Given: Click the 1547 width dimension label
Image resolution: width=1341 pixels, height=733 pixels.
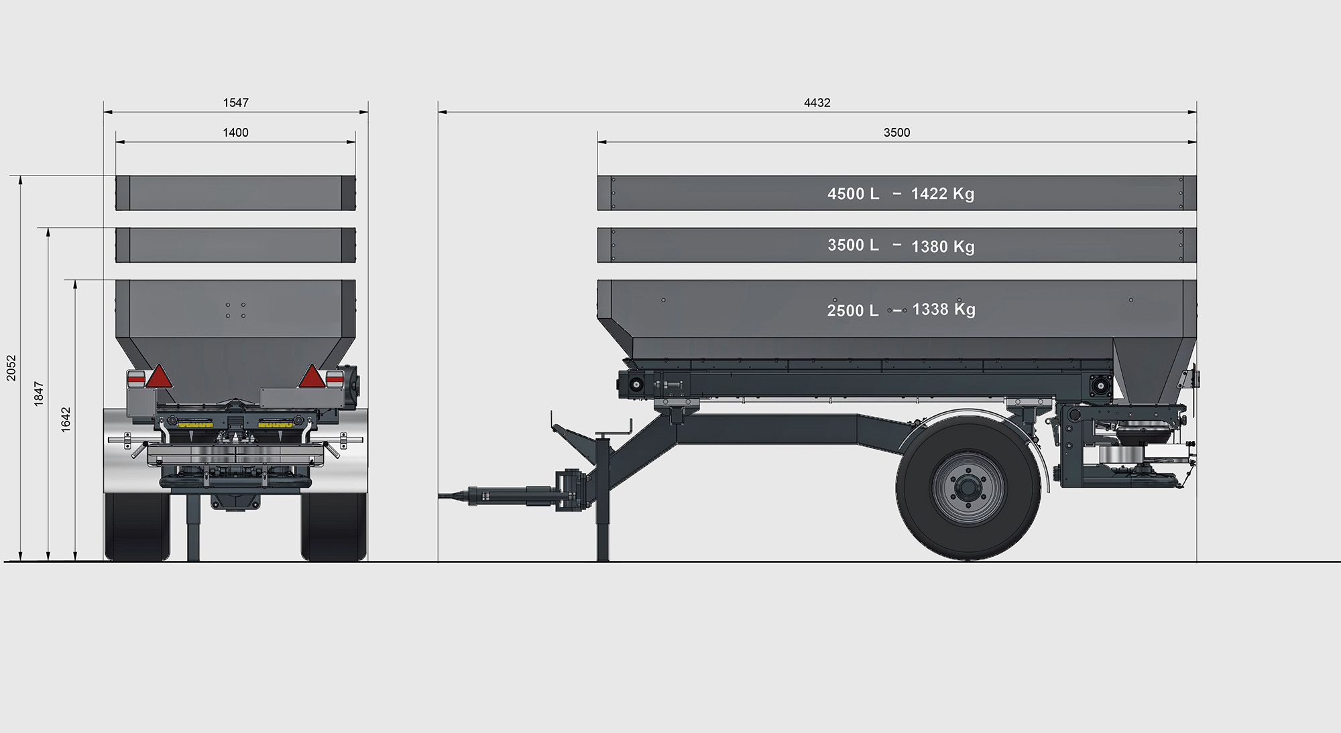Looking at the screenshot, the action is [x=235, y=103].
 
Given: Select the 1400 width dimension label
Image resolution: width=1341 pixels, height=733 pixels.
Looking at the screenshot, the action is [x=235, y=133].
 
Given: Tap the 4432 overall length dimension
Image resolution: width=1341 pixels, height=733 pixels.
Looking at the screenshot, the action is [x=817, y=103].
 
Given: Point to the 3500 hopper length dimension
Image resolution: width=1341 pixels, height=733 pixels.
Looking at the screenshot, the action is [x=896, y=133].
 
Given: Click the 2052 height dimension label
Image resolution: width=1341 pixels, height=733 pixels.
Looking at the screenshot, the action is [x=11, y=369].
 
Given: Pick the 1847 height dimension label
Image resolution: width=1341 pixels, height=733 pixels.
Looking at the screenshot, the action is [x=39, y=393].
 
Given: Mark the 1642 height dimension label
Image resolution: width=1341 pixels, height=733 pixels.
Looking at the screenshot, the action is [x=66, y=419].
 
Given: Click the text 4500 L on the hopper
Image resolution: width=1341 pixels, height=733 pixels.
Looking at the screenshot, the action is [x=853, y=194].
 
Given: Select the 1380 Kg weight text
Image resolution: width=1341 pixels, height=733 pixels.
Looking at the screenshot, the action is [x=943, y=247].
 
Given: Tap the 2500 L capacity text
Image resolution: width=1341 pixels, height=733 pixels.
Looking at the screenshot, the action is [x=852, y=310].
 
